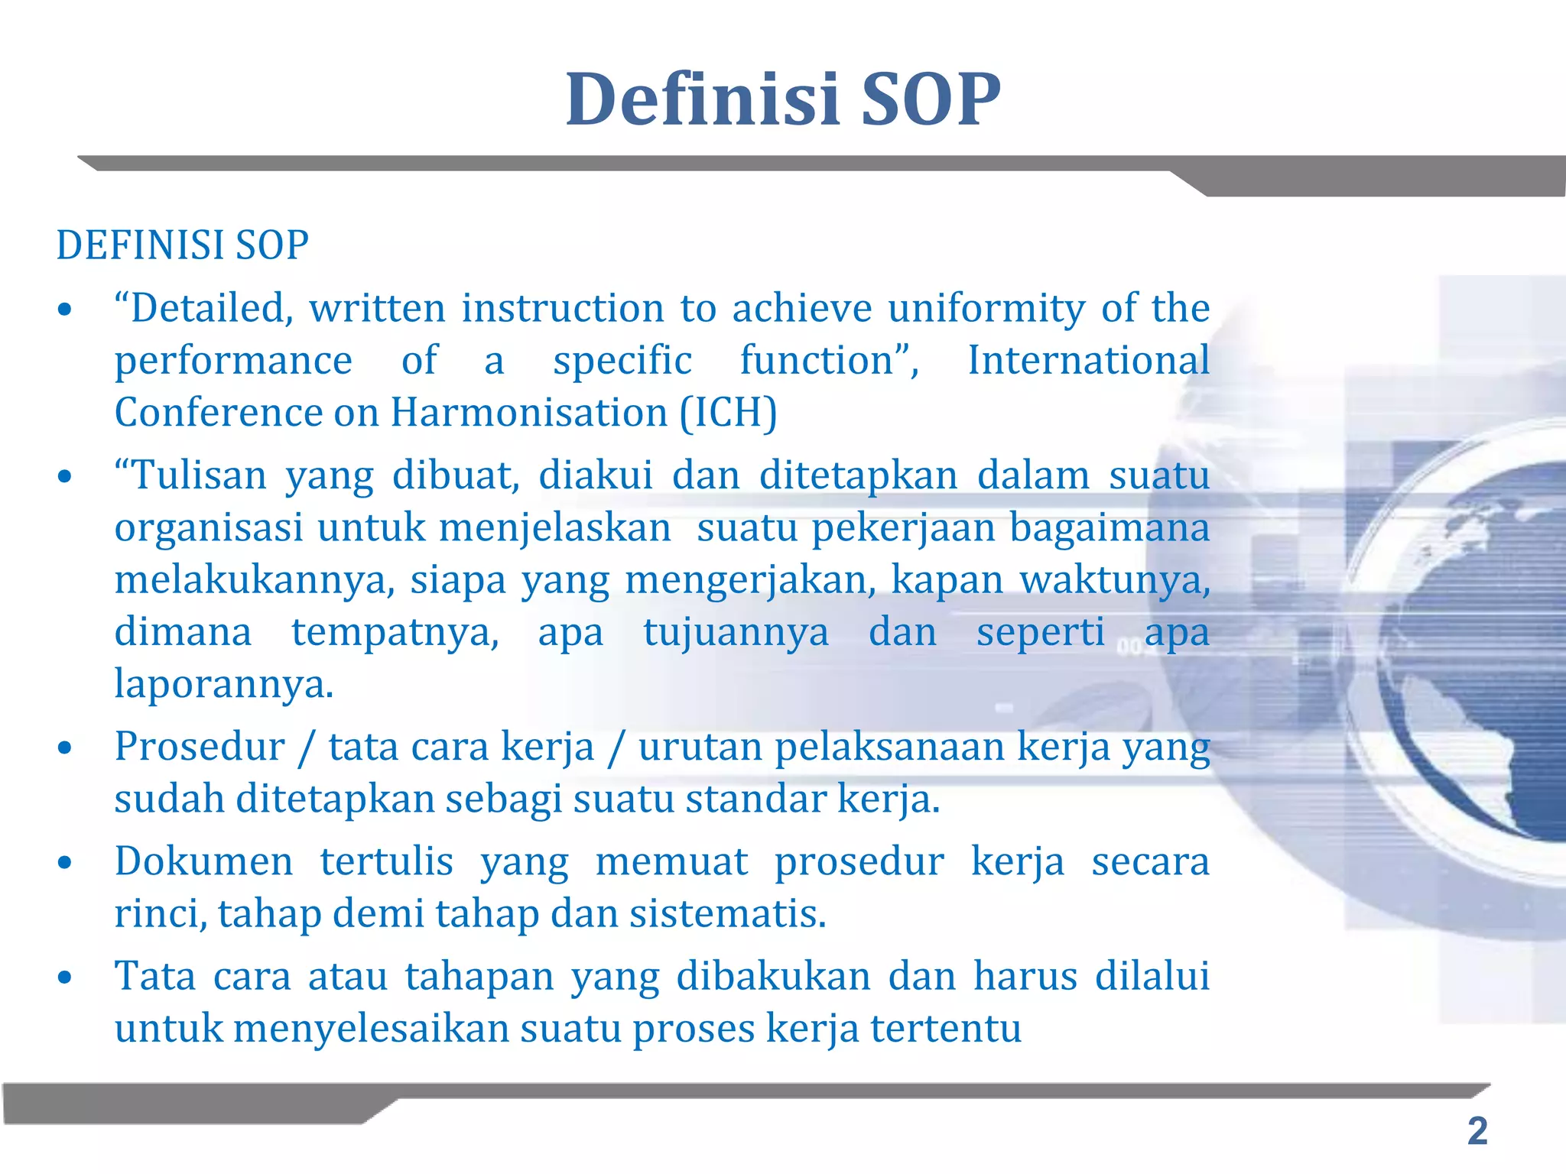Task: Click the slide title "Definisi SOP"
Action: pos(782,99)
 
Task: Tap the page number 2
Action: pos(1477,1131)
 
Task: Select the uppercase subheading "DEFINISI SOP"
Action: pos(183,245)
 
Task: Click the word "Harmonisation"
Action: pos(529,413)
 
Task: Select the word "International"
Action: pos(1088,361)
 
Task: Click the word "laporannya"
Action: pos(223,684)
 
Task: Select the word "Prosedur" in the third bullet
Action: pos(200,747)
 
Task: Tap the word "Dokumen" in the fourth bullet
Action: pos(203,861)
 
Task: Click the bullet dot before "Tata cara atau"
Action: pos(65,978)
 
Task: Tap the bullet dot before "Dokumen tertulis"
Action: pos(65,863)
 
